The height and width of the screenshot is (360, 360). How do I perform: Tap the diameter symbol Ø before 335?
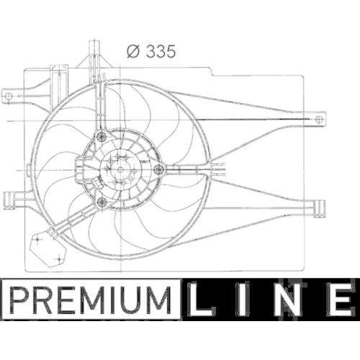point(132,51)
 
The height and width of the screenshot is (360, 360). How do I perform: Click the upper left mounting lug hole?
point(9,93)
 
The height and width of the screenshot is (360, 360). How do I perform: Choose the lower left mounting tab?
point(10,199)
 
